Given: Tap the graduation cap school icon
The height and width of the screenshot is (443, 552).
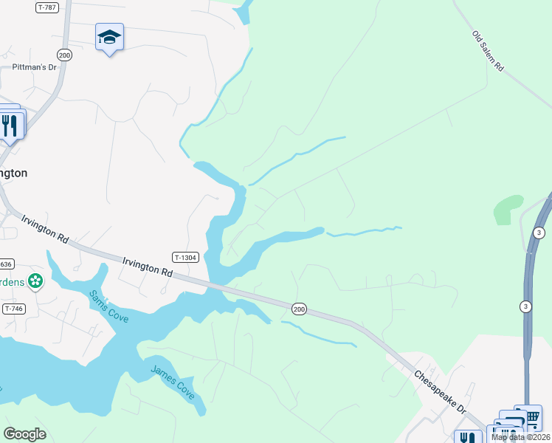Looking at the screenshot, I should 109,37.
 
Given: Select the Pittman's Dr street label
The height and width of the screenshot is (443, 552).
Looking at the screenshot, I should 34,67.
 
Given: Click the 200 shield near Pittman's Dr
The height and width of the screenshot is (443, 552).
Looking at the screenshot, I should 64,55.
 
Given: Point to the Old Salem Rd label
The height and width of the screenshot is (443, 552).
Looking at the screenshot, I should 489,51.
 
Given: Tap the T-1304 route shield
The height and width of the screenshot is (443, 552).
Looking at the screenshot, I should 186,257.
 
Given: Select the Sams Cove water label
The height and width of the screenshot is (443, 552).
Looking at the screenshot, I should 109,306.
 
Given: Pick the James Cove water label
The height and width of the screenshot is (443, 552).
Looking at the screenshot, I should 173,382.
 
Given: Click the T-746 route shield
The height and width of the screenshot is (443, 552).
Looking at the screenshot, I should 13,308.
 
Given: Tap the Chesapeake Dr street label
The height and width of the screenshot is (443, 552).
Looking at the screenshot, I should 441,392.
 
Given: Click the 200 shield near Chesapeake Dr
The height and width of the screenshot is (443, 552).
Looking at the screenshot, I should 298,308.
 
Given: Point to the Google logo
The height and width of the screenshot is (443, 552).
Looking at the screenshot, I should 24,434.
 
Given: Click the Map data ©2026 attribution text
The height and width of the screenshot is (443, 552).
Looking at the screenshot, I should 521,437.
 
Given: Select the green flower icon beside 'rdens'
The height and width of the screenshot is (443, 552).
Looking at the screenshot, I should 35,281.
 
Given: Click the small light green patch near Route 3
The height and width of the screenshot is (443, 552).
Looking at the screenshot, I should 508,209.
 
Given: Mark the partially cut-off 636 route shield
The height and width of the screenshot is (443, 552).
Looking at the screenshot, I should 6,264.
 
